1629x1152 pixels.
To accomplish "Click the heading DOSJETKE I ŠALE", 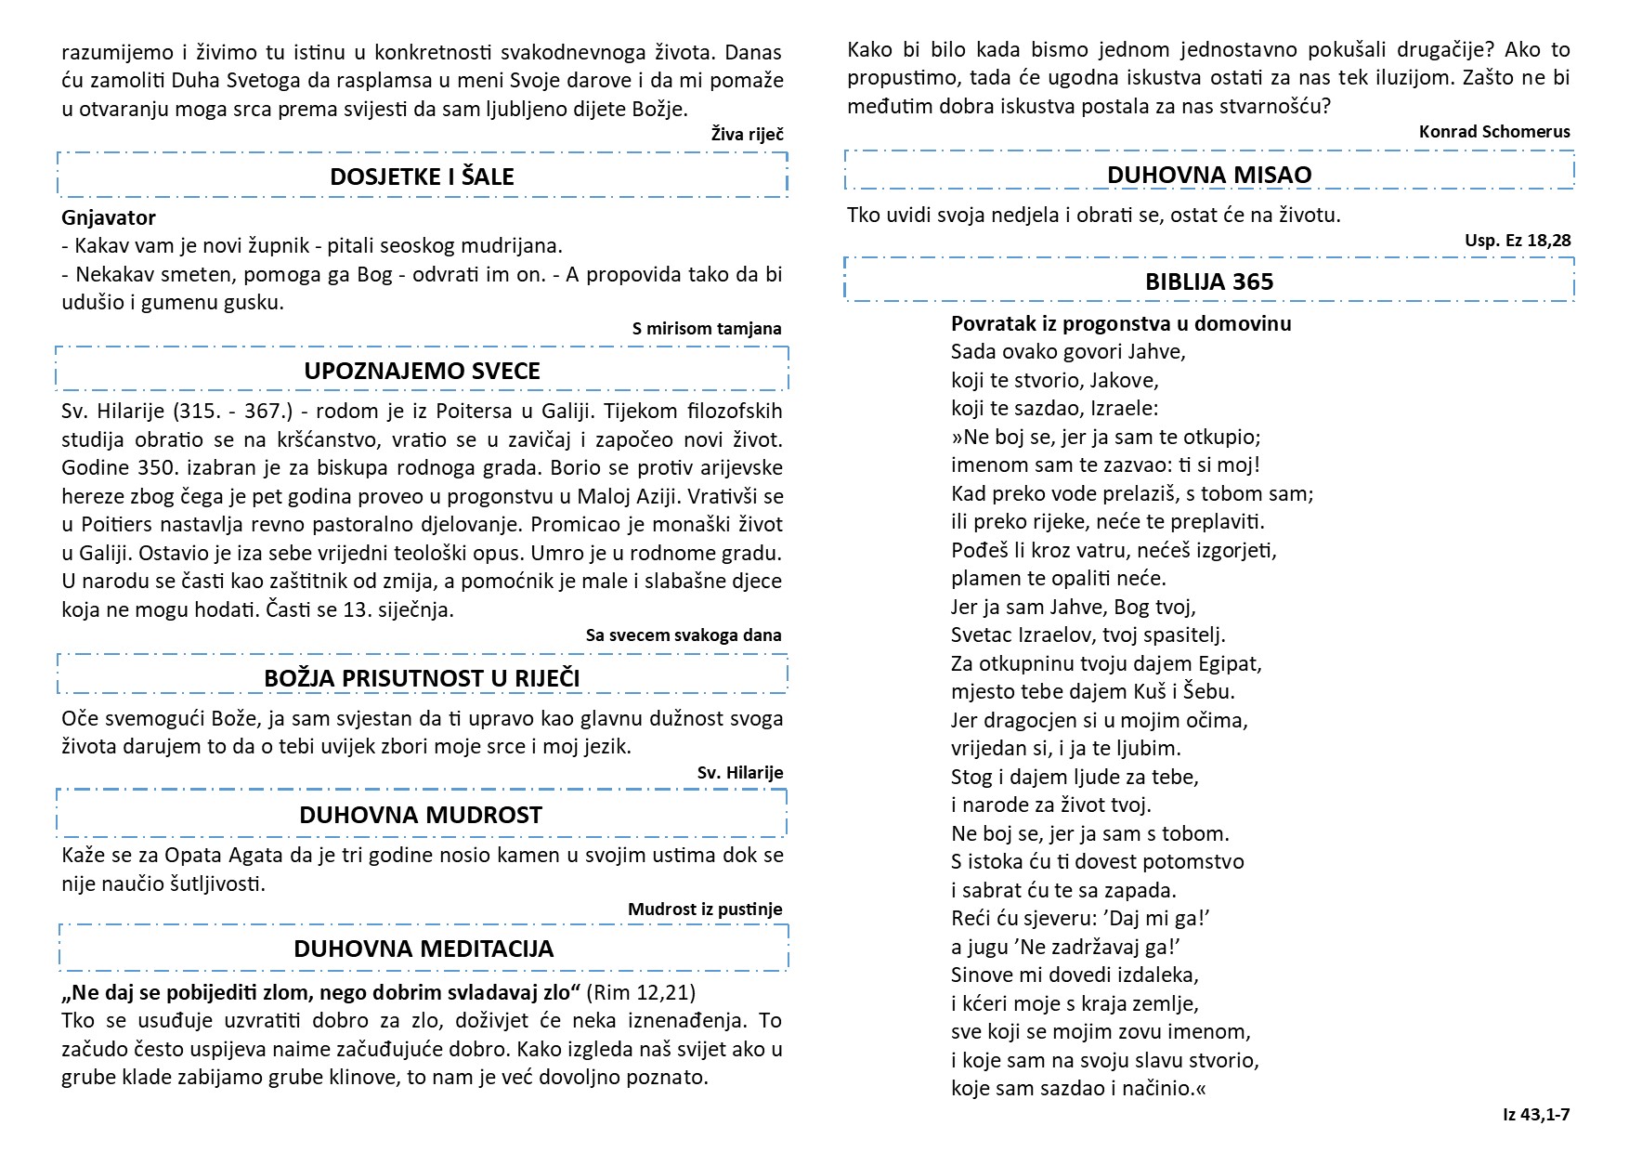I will (422, 177).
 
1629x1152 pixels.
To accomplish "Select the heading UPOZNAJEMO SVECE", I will (422, 371).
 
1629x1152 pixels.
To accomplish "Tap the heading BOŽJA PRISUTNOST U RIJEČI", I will (422, 678).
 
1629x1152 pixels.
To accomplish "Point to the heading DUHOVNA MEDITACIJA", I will (424, 949).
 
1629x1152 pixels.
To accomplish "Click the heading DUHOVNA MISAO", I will (1209, 175).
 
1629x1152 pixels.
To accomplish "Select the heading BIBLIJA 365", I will (1209, 281).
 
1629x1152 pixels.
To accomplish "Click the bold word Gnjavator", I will (109, 217).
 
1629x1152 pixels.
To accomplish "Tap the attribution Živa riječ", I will (747, 135).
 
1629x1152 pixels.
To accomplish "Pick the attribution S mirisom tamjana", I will (707, 328).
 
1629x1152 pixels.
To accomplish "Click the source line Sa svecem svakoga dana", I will (684, 635).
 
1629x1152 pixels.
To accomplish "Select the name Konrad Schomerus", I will (1494, 132).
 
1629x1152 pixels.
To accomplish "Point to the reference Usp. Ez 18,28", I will (1518, 241).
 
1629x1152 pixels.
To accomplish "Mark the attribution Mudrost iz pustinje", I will (705, 909).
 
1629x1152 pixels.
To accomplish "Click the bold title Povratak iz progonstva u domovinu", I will (1121, 323).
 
